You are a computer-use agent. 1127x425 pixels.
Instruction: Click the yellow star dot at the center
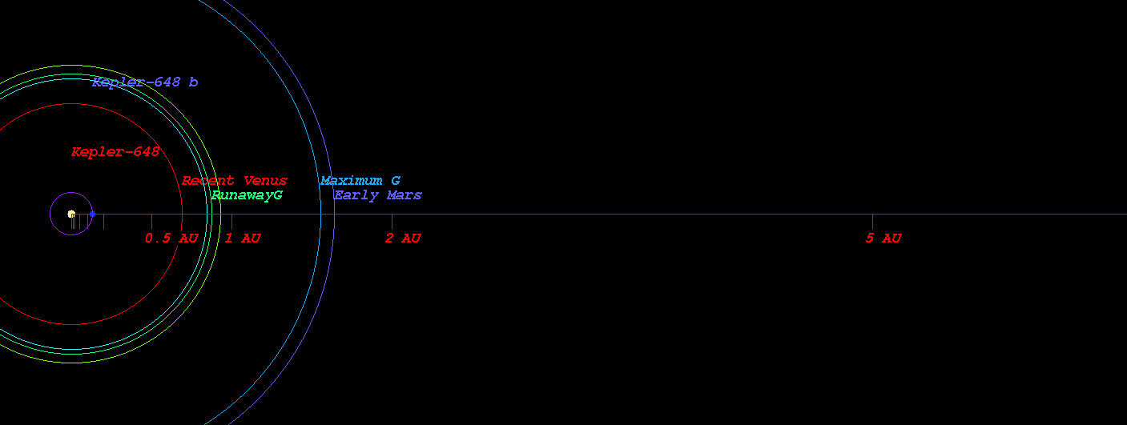(71, 214)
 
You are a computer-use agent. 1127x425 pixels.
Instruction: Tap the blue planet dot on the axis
(92, 214)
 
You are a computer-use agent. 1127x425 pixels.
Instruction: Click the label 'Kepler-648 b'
(145, 82)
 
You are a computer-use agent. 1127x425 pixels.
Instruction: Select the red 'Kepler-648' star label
(115, 151)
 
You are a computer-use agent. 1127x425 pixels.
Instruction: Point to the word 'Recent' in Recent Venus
(207, 181)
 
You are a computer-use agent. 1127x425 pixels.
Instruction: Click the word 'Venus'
(265, 181)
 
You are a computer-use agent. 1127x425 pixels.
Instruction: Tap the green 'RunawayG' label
(247, 195)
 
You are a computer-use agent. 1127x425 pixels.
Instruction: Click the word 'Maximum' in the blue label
(351, 181)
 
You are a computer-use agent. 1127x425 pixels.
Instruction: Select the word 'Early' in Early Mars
(356, 195)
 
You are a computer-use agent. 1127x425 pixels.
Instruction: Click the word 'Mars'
(405, 195)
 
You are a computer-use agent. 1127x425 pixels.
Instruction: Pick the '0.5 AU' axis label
(171, 238)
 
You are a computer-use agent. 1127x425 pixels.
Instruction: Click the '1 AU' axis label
(243, 238)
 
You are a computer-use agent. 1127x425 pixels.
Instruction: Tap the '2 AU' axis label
(403, 238)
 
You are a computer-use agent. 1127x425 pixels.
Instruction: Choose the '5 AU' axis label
(883, 238)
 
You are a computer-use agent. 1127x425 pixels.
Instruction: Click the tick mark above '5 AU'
(872, 221)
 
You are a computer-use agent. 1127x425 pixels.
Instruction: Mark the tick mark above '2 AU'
(392, 221)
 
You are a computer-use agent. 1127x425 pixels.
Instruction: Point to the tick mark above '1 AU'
(231, 221)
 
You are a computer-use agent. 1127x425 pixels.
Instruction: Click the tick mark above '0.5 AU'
(151, 221)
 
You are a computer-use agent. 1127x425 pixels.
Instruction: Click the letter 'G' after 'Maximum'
(396, 181)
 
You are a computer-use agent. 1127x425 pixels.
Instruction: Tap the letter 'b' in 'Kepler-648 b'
(193, 82)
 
